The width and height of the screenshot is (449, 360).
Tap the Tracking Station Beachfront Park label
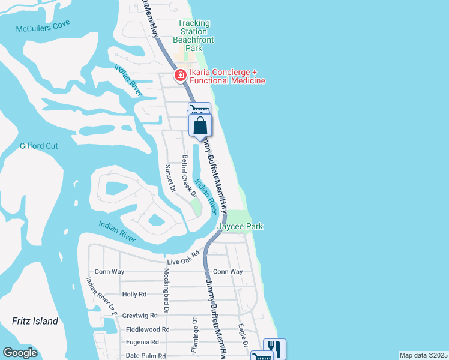tap(193, 35)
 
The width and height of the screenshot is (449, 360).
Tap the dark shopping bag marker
tap(200, 125)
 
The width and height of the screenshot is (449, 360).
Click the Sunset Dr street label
tap(169, 178)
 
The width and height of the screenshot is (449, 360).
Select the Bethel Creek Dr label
tap(189, 176)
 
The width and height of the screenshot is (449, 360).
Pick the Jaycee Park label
tap(240, 226)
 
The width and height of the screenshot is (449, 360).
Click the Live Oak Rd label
tap(182, 262)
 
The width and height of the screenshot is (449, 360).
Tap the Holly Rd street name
tap(134, 295)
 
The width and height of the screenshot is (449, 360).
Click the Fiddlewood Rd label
tap(148, 329)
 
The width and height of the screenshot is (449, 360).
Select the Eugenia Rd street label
tap(142, 342)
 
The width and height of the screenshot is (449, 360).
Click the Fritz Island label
tap(35, 321)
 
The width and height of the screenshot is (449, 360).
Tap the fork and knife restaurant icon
tap(274, 347)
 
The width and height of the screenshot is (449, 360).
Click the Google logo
tap(20, 353)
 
